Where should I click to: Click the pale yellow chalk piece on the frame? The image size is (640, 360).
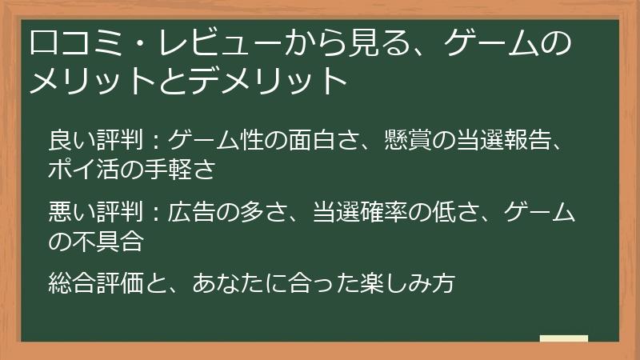tap(564, 338)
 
